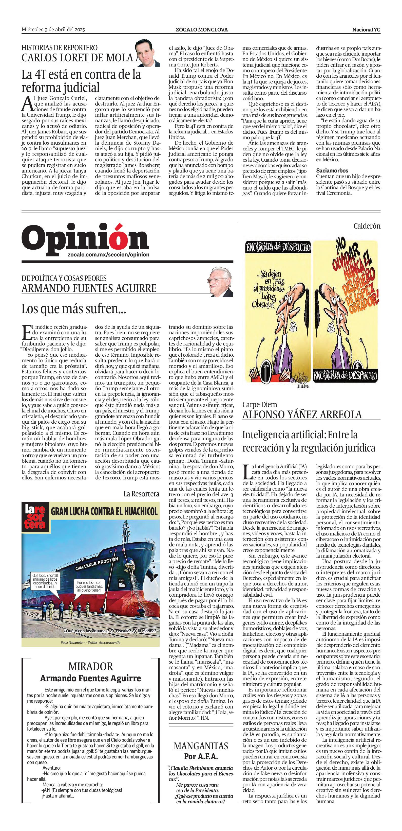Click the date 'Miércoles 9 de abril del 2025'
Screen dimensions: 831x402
[x=53, y=30]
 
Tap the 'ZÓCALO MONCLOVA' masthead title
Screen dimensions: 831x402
[x=202, y=30]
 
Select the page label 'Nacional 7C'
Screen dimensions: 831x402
[x=366, y=30]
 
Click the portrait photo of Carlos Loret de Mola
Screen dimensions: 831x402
[x=147, y=53]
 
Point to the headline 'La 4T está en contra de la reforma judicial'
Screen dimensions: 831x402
[x=81, y=81]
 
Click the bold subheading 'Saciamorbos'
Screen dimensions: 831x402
[x=332, y=170]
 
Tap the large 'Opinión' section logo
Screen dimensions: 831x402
[x=85, y=239]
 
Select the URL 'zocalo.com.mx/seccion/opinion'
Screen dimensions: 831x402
[x=109, y=254]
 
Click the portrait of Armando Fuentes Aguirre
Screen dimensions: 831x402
[x=220, y=283]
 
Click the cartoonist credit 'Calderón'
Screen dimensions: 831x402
[x=367, y=226]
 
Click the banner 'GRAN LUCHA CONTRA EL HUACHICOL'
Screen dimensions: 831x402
[x=104, y=511]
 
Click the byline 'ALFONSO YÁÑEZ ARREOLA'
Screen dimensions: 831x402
[x=302, y=415]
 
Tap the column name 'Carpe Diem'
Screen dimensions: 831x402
[x=260, y=405]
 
